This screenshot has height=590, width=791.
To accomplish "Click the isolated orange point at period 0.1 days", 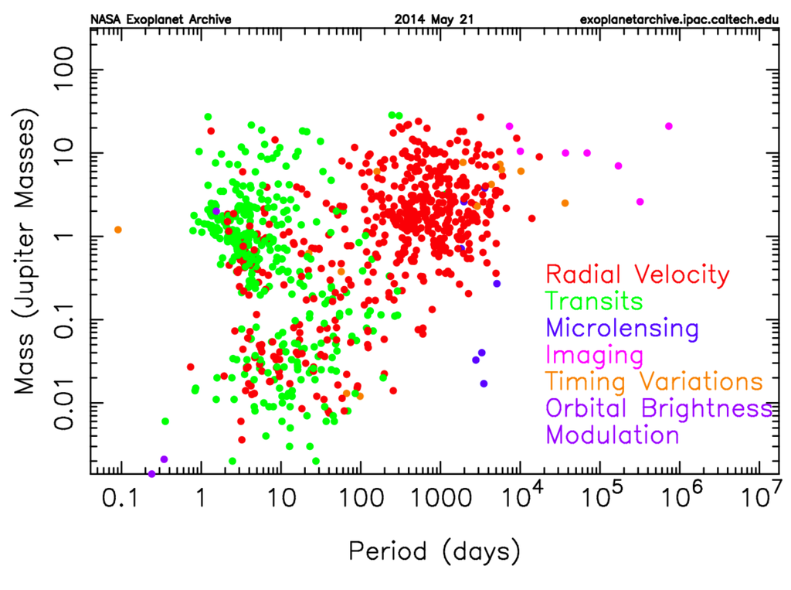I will click(x=118, y=230).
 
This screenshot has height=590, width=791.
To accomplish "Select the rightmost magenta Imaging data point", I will click(x=669, y=126).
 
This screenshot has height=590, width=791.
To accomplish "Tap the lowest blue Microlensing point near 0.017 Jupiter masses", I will click(x=484, y=384).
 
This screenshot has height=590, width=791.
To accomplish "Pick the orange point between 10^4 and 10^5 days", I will click(x=565, y=203).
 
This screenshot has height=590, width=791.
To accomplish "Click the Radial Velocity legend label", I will click(x=637, y=274).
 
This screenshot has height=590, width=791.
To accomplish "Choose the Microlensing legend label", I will click(x=622, y=328).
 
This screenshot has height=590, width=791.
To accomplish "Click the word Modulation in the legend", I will click(x=613, y=435).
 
